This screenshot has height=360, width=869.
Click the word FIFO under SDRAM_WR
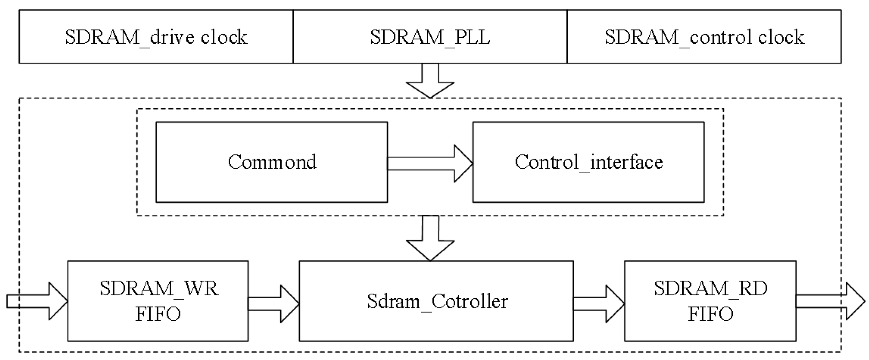[158, 314]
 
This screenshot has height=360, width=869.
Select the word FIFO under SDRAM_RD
[710, 314]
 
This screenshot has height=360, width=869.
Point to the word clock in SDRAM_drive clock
[224, 37]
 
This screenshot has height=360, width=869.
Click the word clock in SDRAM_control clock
[781, 37]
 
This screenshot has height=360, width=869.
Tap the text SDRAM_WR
[159, 289]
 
